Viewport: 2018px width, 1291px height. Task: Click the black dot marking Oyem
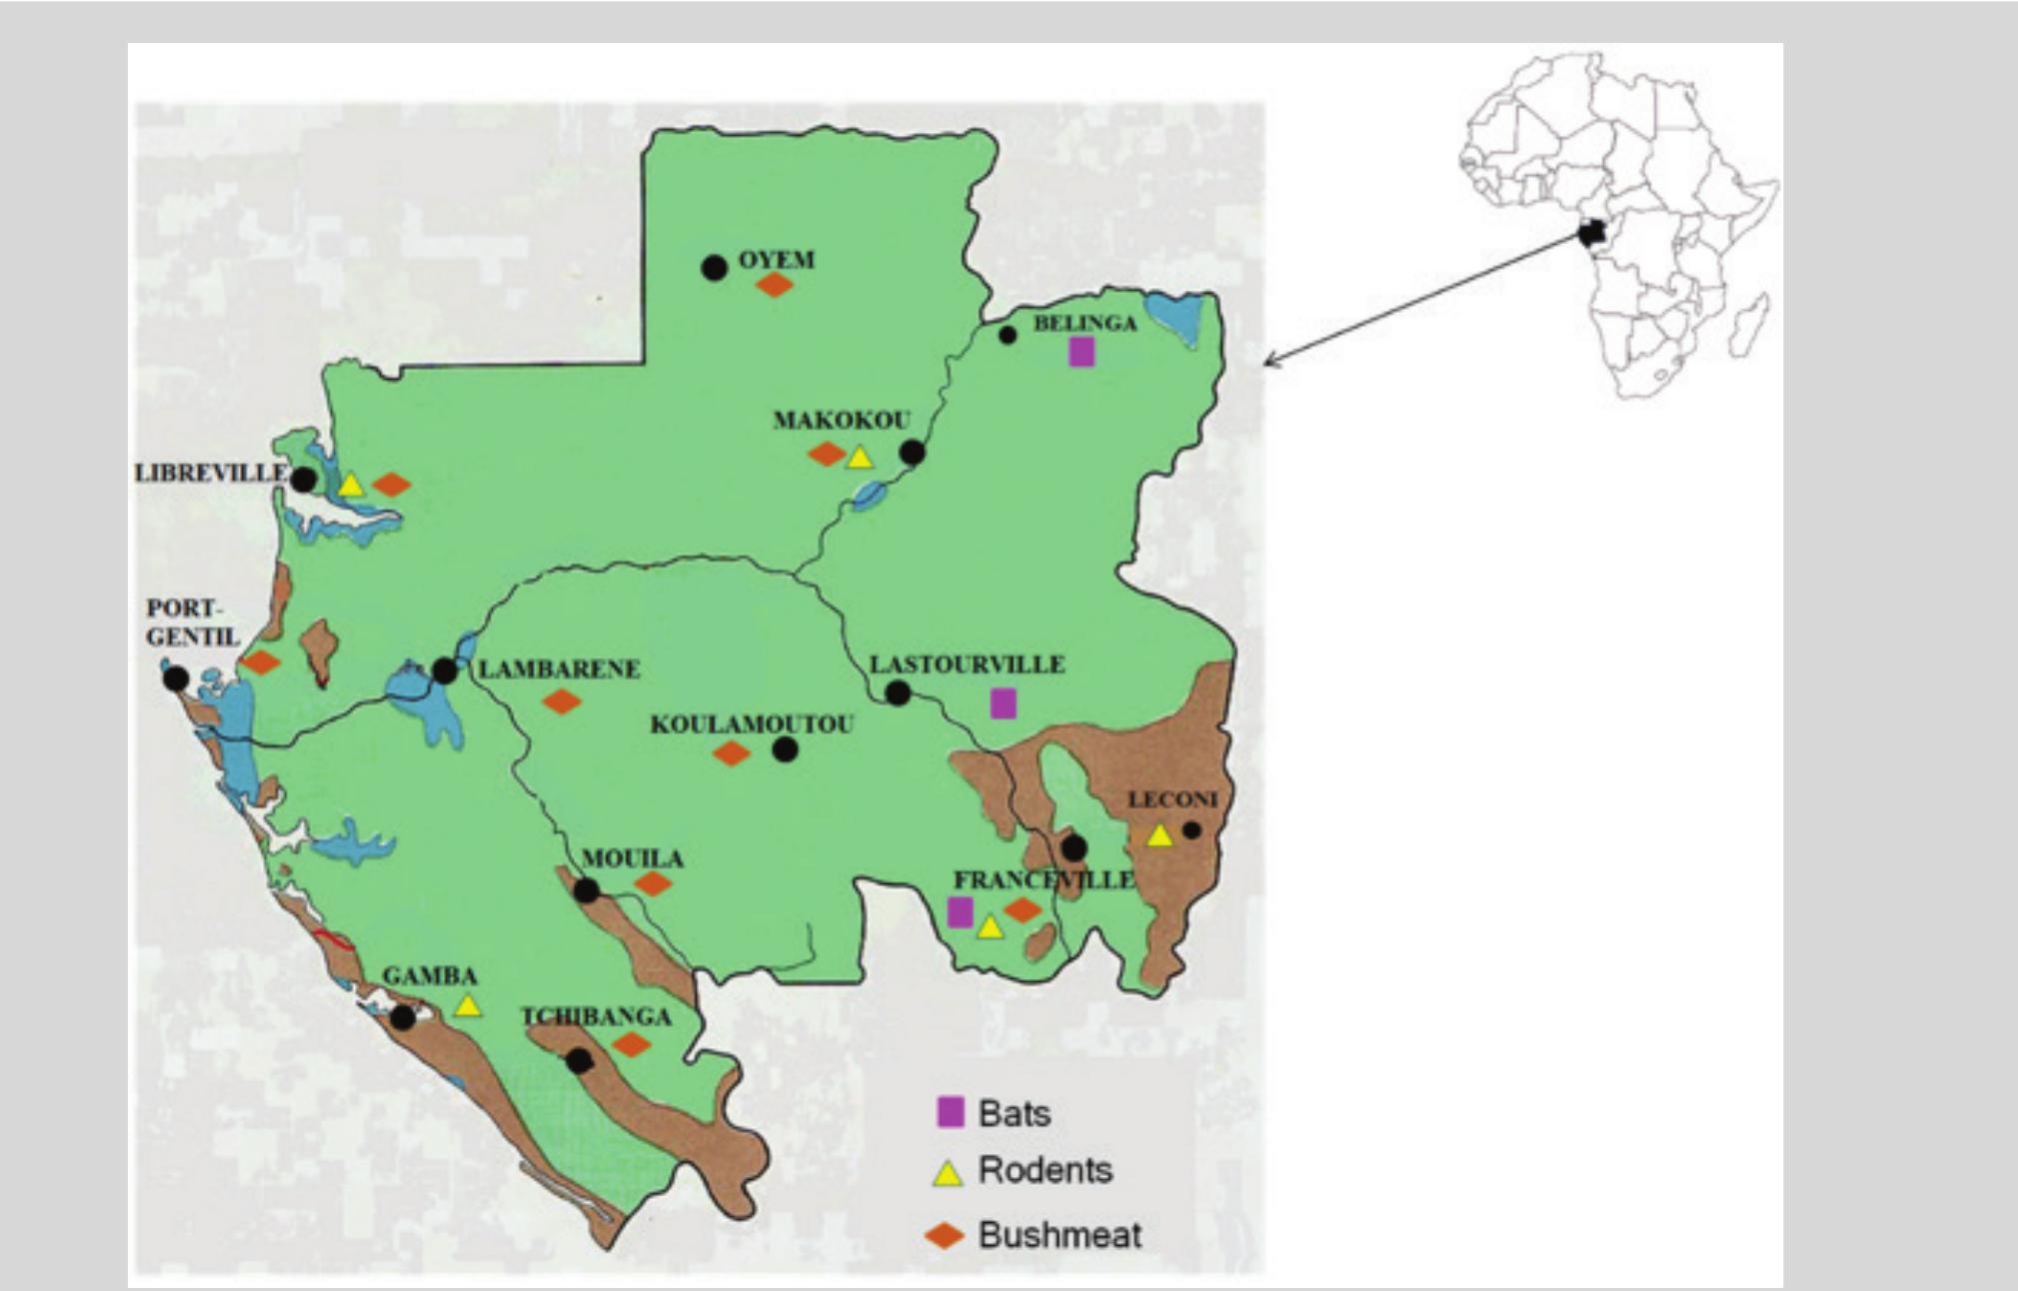pyautogui.click(x=714, y=268)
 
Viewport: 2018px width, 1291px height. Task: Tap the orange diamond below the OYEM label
pyautogui.click(x=775, y=286)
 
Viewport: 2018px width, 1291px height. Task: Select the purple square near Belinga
pyautogui.click(x=1081, y=352)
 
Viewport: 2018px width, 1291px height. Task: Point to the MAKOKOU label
pyautogui.click(x=842, y=420)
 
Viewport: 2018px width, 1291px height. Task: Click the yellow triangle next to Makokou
pyautogui.click(x=860, y=459)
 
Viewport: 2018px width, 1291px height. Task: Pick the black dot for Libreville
pyautogui.click(x=304, y=480)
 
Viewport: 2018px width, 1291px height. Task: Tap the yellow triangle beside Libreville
pyautogui.click(x=350, y=486)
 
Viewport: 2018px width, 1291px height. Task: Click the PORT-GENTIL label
pyautogui.click(x=192, y=623)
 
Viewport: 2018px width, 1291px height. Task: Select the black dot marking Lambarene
pyautogui.click(x=445, y=671)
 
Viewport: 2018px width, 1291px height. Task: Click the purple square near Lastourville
pyautogui.click(x=1004, y=703)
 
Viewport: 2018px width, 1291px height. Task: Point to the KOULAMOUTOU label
pyautogui.click(x=752, y=724)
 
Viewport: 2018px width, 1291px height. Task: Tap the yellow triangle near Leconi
pyautogui.click(x=1159, y=835)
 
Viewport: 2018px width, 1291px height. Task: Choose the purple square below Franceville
pyautogui.click(x=960, y=911)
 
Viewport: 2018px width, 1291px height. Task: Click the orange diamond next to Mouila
pyautogui.click(x=653, y=883)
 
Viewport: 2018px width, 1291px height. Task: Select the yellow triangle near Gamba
pyautogui.click(x=467, y=1006)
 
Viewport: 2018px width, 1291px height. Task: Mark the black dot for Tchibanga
pyautogui.click(x=579, y=1061)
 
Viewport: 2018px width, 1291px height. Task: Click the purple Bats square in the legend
pyautogui.click(x=950, y=1112)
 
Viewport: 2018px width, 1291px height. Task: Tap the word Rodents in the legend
pyautogui.click(x=1044, y=1170)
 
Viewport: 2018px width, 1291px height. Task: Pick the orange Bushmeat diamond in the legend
pyautogui.click(x=945, y=1236)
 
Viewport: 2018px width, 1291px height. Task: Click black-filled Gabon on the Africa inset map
pyautogui.click(x=1590, y=234)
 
